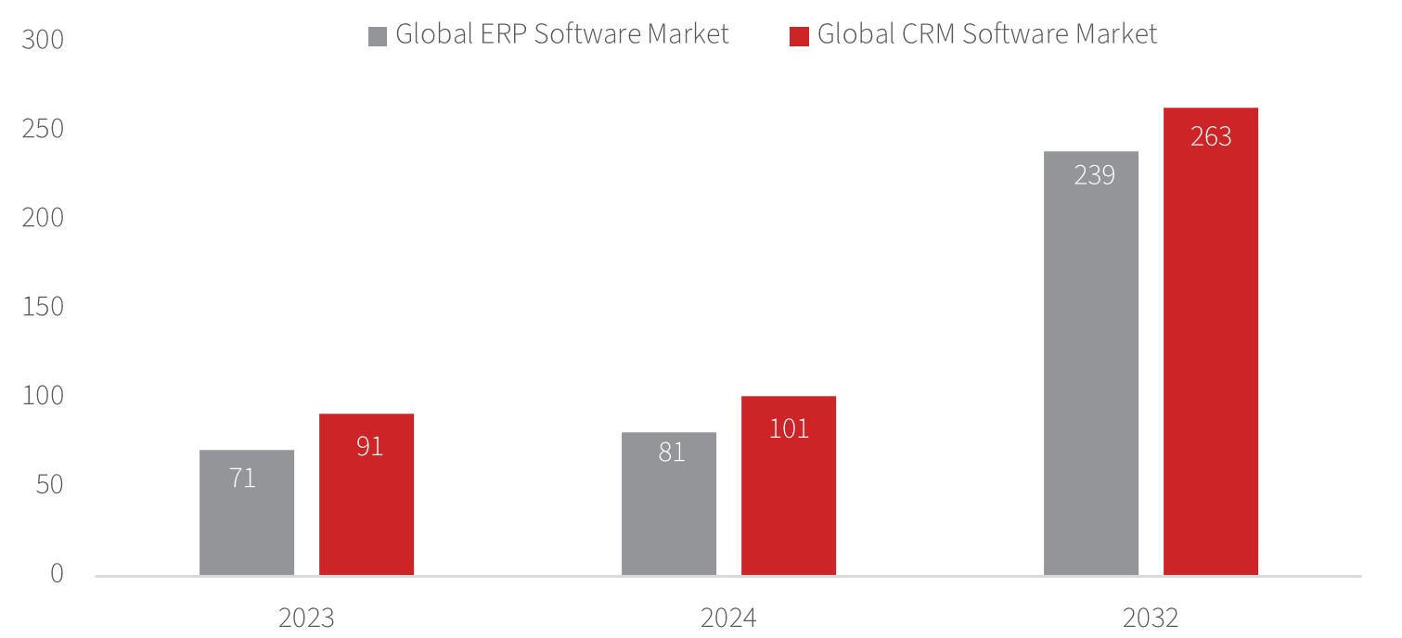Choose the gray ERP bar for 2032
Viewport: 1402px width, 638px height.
tap(1091, 389)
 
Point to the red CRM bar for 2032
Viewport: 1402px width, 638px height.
tap(1211, 371)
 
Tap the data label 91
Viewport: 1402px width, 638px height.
tap(369, 446)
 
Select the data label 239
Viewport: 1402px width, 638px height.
tap(1094, 175)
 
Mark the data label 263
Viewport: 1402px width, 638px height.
tap(1211, 137)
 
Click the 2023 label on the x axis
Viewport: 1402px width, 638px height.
tap(306, 618)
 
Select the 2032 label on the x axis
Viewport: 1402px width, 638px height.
tap(1151, 618)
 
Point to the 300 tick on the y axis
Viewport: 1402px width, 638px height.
tap(43, 41)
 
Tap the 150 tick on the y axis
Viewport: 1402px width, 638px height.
tap(43, 307)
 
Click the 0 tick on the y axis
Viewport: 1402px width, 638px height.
tap(57, 574)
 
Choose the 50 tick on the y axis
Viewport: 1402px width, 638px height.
tap(50, 485)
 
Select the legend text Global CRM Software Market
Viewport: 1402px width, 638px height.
tap(987, 35)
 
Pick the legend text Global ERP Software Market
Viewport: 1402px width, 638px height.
tap(562, 35)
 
